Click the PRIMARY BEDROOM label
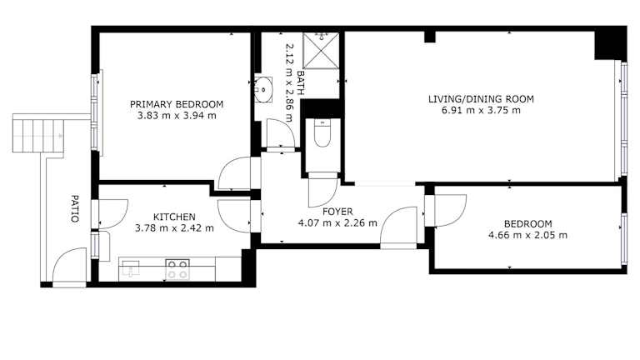pos(177,104)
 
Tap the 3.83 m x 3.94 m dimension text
pos(177,116)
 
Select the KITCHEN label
pos(174,217)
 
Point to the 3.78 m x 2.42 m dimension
pos(174,227)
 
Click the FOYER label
pos(337,212)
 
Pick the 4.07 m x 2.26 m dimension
pos(337,222)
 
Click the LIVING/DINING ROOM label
pos(481,99)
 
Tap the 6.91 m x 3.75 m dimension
pos(481,110)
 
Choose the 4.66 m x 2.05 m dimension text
pos(527,235)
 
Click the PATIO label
pos(74,208)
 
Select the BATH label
pos(300,82)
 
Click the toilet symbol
pos(322,133)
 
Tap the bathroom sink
pos(263,88)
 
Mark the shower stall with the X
pos(321,50)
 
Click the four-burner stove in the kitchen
pos(177,269)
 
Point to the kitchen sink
pos(130,268)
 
